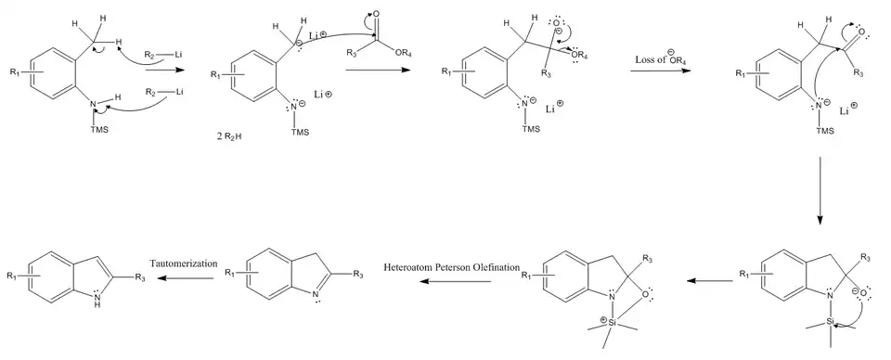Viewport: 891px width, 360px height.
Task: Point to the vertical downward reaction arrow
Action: coord(820,190)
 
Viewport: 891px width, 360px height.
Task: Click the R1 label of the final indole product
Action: coord(11,276)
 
